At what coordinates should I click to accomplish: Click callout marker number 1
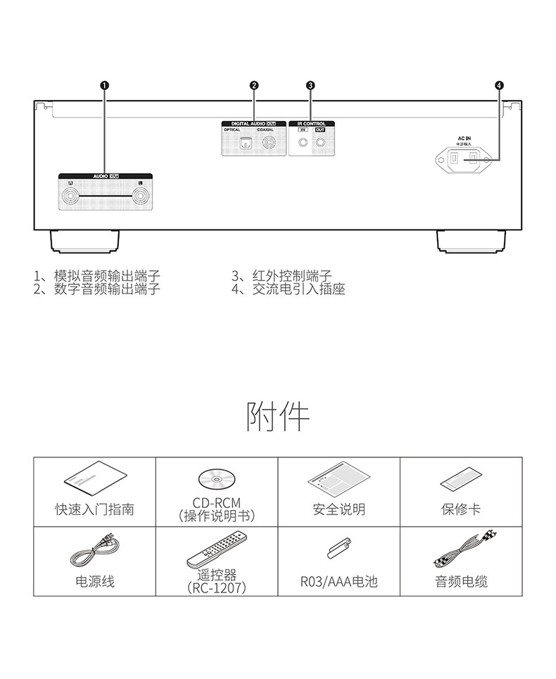(x=104, y=85)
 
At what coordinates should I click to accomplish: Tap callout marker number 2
(x=253, y=85)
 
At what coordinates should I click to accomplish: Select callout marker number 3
(x=310, y=85)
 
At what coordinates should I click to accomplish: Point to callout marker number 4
(x=499, y=85)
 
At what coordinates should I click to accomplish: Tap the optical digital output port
(x=245, y=144)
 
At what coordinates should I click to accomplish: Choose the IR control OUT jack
(x=320, y=144)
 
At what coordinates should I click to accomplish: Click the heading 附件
(x=277, y=417)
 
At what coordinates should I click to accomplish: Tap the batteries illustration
(x=339, y=550)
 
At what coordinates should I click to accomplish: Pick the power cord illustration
(x=94, y=550)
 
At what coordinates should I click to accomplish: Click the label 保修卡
(x=461, y=509)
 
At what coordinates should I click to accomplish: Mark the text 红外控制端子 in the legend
(x=292, y=277)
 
